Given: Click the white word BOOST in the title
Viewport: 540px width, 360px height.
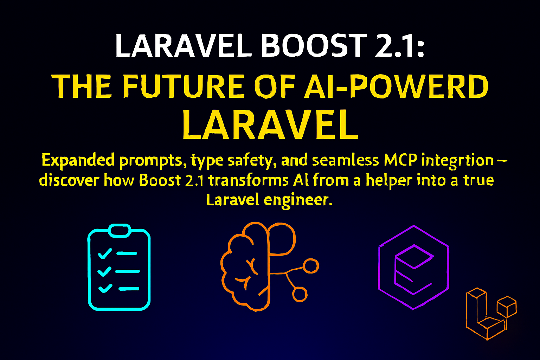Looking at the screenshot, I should tap(314, 46).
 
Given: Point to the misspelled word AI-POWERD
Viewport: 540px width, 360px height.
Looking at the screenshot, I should tap(396, 86).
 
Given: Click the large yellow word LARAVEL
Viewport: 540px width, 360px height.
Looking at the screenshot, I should tap(270, 125).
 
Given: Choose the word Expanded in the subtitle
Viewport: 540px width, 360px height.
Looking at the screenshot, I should tap(78, 160).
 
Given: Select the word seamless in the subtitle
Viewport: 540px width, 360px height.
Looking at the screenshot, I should tap(346, 160).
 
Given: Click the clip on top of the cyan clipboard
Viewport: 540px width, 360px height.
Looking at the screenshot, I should tap(119, 230).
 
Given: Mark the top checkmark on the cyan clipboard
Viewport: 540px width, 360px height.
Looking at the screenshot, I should tap(105, 253).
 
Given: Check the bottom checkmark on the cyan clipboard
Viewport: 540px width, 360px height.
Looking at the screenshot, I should tap(105, 288).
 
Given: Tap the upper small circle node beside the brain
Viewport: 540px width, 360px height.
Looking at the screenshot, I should tap(311, 266).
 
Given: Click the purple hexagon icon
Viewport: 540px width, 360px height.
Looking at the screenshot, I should tap(413, 268).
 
